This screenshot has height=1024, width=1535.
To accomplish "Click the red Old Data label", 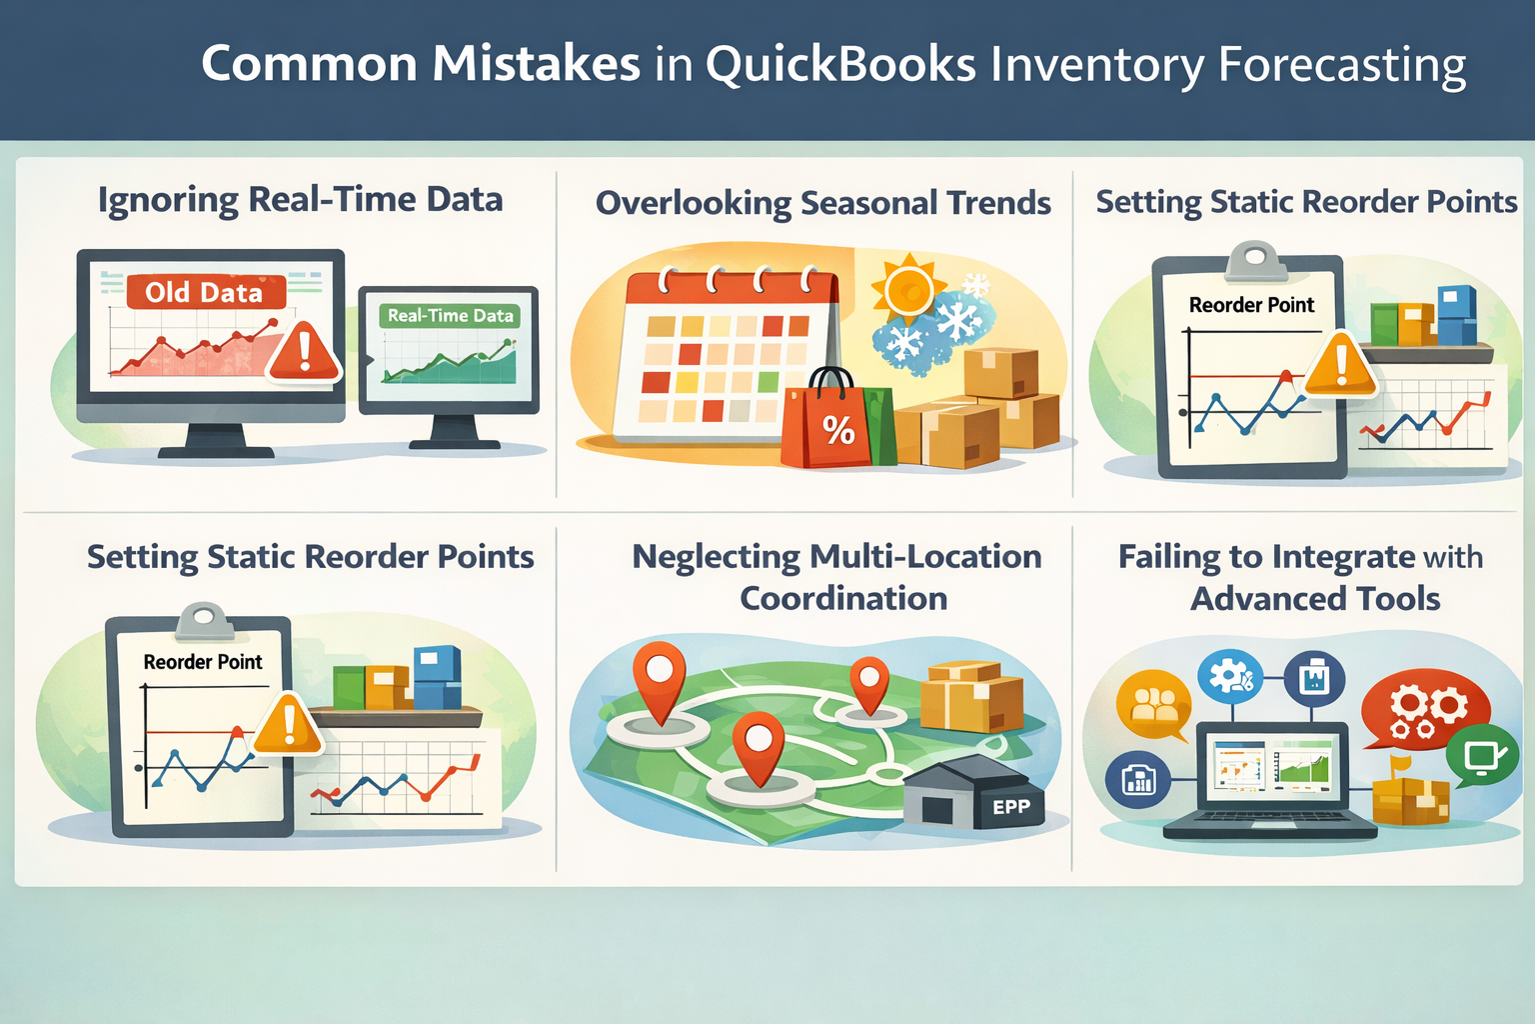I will (205, 292).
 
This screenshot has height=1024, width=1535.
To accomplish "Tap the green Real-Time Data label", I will (450, 316).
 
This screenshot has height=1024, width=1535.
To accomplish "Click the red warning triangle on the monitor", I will (304, 352).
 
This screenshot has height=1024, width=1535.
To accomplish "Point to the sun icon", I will (907, 290).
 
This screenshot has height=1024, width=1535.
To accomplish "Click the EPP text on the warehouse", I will (1010, 807).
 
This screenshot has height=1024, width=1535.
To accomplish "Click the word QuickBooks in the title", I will (840, 64).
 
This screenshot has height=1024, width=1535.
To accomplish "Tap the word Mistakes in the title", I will (536, 64).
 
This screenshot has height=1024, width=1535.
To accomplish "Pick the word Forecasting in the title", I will (1342, 66).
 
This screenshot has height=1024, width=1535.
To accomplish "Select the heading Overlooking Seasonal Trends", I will (822, 203).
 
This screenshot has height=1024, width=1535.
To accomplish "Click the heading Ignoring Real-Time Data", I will (300, 200).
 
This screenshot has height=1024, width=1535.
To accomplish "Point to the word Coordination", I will (843, 598).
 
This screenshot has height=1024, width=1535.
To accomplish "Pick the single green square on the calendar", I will (767, 381).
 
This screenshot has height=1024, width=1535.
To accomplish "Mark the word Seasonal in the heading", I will (868, 203).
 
